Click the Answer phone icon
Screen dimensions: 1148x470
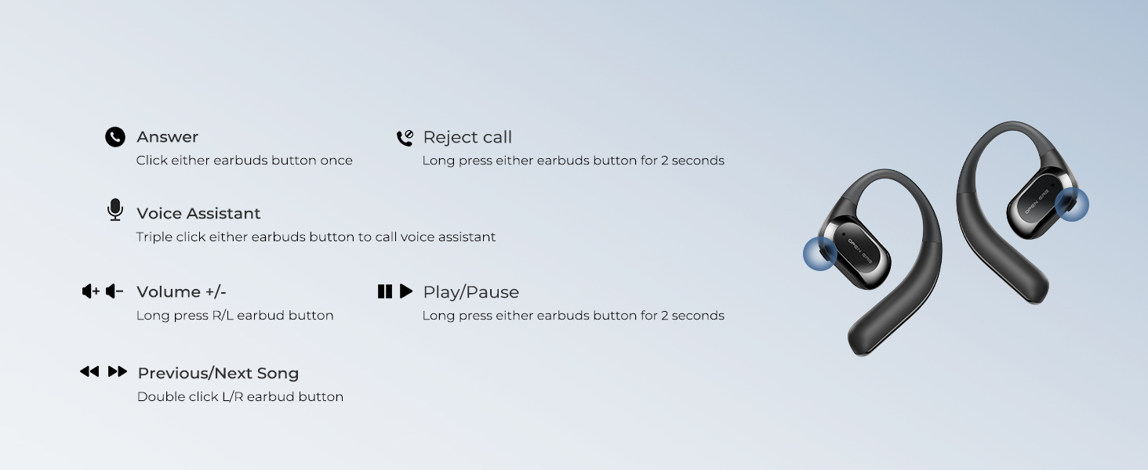(115, 137)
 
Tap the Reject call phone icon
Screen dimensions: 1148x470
(405, 138)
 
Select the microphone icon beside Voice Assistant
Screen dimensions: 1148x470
(115, 209)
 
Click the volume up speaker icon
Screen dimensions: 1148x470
(91, 291)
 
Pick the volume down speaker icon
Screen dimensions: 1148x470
(114, 291)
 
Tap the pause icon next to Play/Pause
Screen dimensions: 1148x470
(385, 291)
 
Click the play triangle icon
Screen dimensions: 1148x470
(406, 291)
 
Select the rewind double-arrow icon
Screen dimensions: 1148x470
(89, 371)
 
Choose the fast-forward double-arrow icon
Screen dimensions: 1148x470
(118, 371)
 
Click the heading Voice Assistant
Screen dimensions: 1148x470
(198, 214)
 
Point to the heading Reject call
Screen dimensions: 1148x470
(467, 137)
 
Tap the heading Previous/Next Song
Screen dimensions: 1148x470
(218, 373)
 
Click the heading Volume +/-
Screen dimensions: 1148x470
(181, 292)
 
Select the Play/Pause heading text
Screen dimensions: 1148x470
(471, 292)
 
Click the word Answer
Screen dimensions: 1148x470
(168, 137)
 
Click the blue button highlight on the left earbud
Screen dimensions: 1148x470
(820, 254)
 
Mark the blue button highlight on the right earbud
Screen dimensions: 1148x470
(1072, 204)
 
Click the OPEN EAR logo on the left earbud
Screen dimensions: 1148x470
(860, 251)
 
